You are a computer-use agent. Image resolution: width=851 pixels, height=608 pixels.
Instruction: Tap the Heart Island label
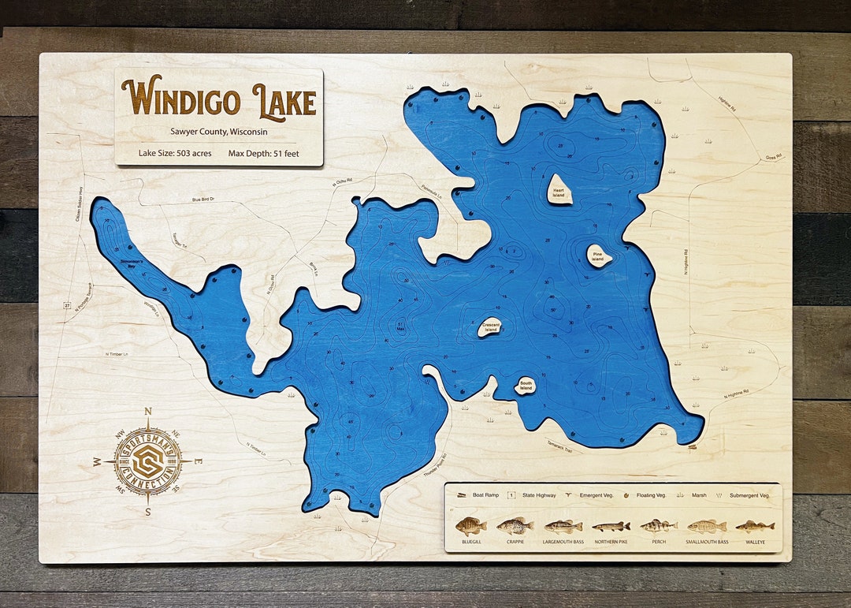559,191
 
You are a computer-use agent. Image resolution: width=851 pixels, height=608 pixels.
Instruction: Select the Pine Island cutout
598,256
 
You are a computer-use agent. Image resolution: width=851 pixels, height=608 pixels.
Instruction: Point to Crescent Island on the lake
490,326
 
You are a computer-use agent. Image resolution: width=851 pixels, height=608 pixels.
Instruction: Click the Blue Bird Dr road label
203,200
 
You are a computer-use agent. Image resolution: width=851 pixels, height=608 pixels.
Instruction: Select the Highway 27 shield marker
68,303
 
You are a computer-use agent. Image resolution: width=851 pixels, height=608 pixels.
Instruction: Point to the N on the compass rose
148,411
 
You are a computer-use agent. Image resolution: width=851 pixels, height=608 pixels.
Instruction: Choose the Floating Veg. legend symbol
626,495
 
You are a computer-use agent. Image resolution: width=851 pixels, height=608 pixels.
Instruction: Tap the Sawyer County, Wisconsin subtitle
218,132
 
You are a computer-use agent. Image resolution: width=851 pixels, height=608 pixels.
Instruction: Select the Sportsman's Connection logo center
148,461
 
